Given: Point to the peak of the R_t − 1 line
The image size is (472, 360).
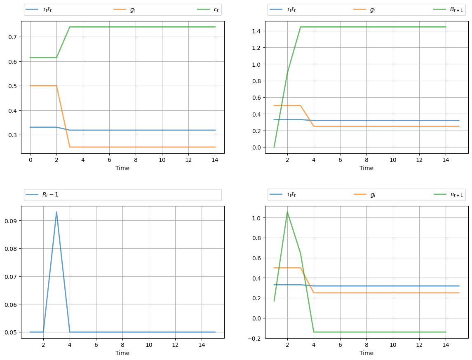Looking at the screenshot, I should click(56, 212).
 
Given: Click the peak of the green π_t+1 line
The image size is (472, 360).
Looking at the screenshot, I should click(287, 212).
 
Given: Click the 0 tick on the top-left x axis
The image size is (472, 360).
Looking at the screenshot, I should click(30, 159).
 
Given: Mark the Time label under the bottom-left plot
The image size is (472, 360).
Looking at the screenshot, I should click(122, 353).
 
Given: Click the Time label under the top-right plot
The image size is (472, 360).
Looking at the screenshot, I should click(366, 168).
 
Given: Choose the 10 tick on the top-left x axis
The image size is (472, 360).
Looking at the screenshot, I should click(162, 159).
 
